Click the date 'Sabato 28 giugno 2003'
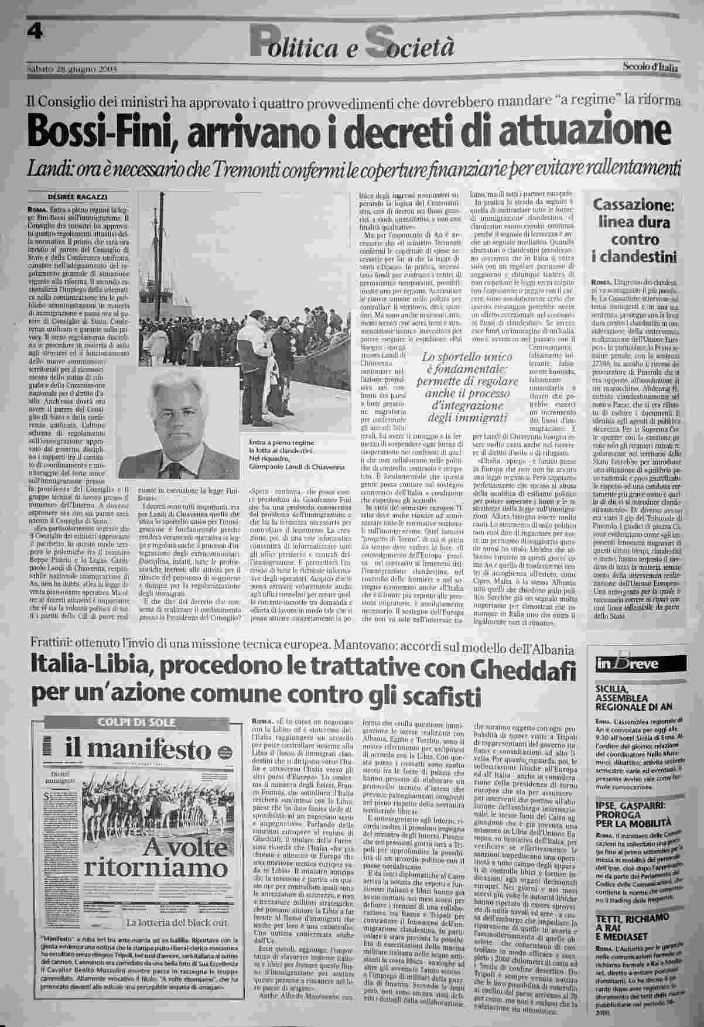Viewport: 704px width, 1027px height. pos(73,69)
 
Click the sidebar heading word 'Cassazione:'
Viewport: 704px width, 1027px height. pos(634,206)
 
